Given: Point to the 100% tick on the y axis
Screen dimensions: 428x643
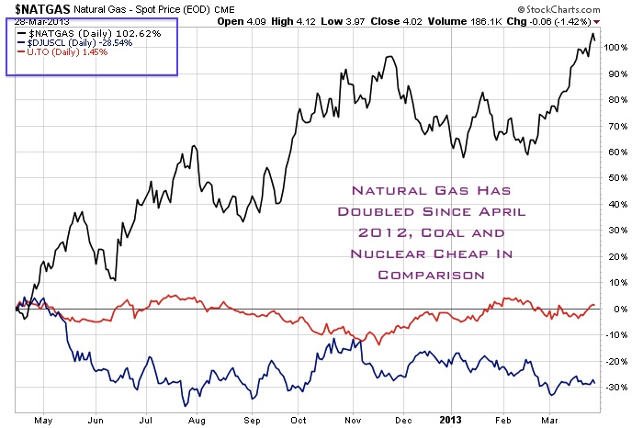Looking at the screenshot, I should [x=618, y=46].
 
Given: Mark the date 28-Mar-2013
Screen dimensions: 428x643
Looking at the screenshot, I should [x=41, y=23].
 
